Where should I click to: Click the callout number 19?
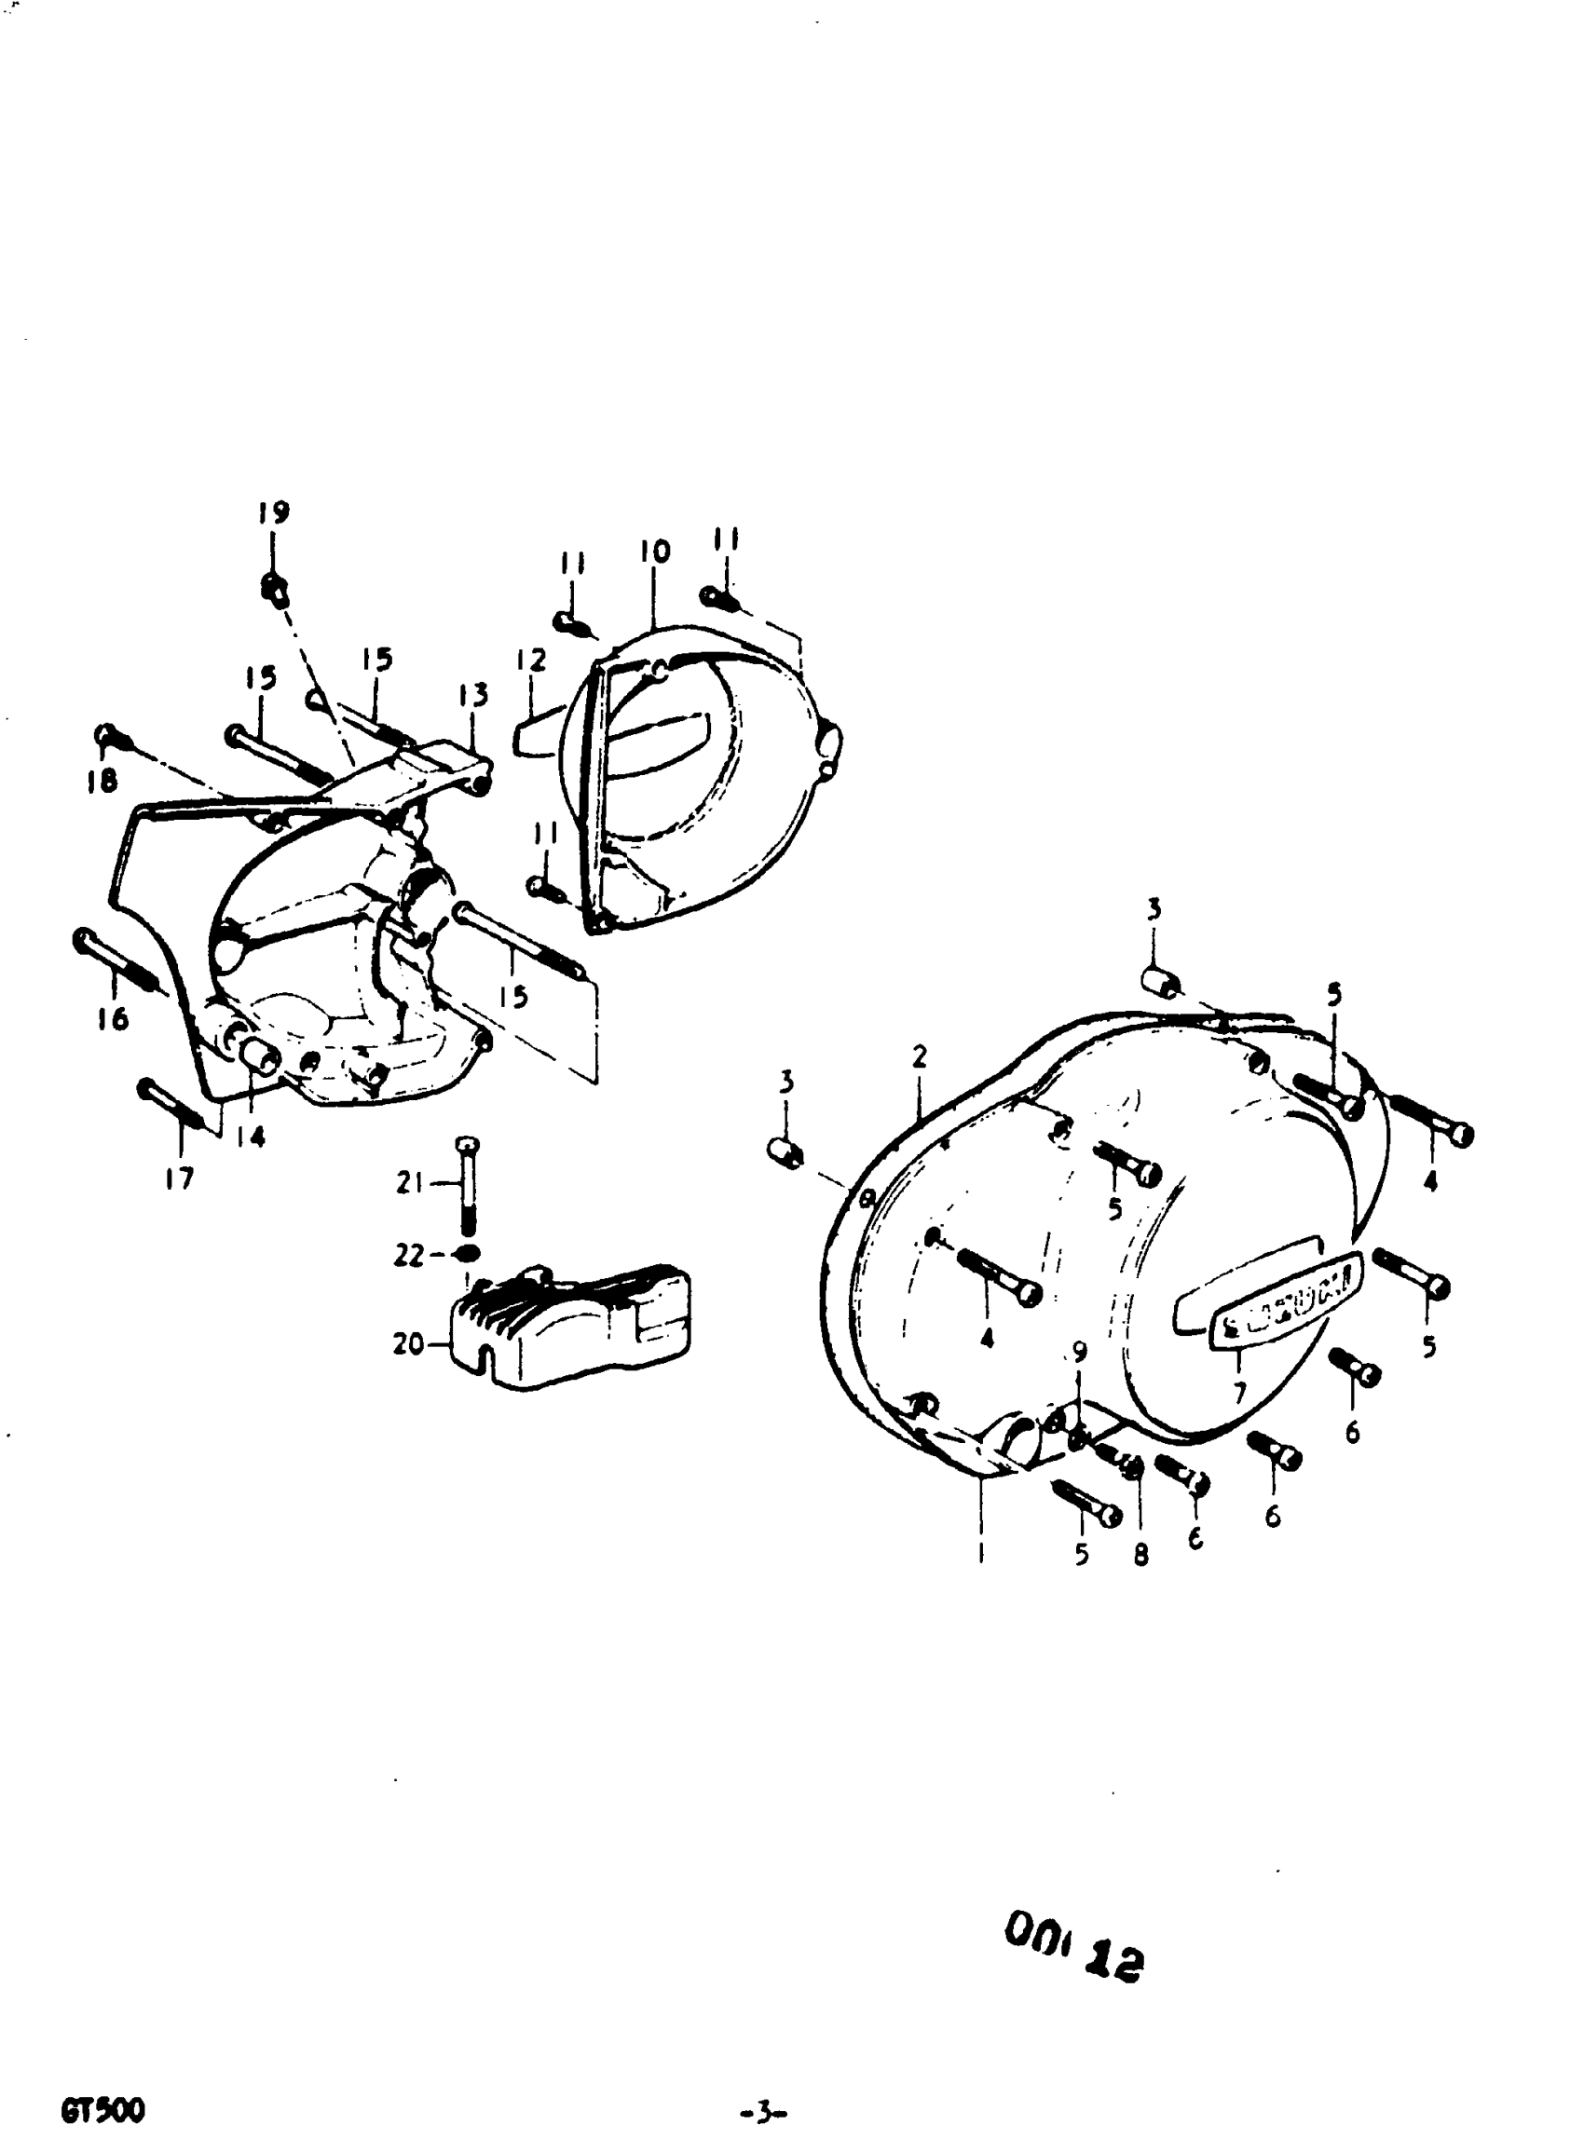pyautogui.click(x=273, y=513)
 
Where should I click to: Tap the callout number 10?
pyautogui.click(x=655, y=552)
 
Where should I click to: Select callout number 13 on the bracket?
pyautogui.click(x=473, y=693)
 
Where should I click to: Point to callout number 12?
pyautogui.click(x=530, y=660)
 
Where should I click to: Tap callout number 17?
pyautogui.click(x=179, y=1178)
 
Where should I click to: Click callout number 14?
pyautogui.click(x=252, y=1137)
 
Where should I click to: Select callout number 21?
pyautogui.click(x=410, y=1185)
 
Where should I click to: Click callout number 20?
pyautogui.click(x=407, y=1345)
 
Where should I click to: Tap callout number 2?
pyautogui.click(x=920, y=1056)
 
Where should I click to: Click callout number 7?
pyautogui.click(x=1240, y=1391)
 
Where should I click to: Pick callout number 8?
pyautogui.click(x=1140, y=1554)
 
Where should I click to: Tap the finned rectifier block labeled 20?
pyautogui.click(x=570, y=1328)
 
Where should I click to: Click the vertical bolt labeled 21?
pyautogui.click(x=467, y=1187)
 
